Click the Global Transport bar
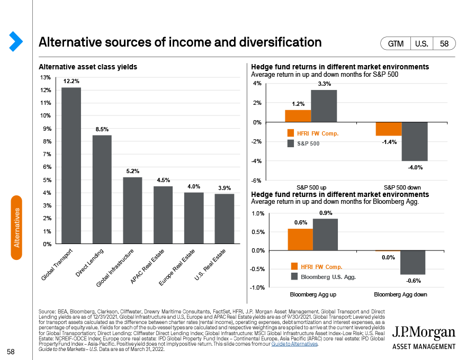click(x=71, y=166)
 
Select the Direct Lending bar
click(x=102, y=190)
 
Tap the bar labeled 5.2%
click(x=133, y=211)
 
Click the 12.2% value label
click(x=71, y=82)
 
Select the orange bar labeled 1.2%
click(x=298, y=116)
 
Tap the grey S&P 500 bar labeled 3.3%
click(x=324, y=106)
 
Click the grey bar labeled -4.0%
click(x=414, y=141)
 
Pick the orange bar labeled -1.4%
click(x=389, y=129)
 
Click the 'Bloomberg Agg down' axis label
click(x=400, y=294)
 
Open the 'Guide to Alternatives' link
click(x=294, y=344)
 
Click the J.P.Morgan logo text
click(x=424, y=332)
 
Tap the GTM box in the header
click(x=396, y=44)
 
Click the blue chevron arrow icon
click(x=16, y=41)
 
